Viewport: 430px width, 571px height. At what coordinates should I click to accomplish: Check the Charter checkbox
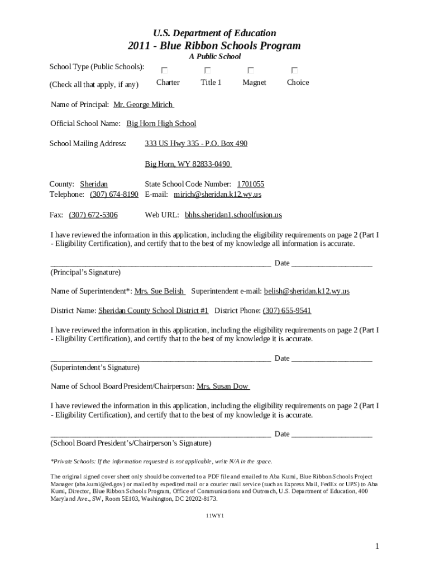click(x=164, y=71)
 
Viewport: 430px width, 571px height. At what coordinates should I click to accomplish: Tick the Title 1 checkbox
click(x=207, y=71)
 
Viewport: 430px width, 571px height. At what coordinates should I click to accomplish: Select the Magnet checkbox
click(x=251, y=71)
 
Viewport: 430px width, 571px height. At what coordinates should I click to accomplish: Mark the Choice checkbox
click(x=294, y=71)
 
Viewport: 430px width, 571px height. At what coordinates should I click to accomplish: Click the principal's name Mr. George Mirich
click(x=143, y=105)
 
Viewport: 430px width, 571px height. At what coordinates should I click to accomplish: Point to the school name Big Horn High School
click(x=161, y=123)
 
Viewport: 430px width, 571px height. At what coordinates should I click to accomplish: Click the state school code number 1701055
click(x=251, y=184)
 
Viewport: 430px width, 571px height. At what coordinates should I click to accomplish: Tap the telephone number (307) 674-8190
click(x=114, y=195)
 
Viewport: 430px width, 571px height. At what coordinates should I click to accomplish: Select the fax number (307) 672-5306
click(x=93, y=215)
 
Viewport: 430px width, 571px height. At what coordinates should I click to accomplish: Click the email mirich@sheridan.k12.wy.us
click(x=217, y=195)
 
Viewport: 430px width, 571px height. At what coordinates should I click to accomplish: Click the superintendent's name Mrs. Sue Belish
click(x=159, y=291)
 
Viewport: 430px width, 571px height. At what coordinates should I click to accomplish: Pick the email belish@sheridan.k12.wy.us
click(x=307, y=291)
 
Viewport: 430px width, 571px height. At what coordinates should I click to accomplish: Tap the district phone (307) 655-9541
click(x=287, y=311)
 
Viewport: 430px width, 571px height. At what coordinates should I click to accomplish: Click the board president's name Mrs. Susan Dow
click(x=222, y=386)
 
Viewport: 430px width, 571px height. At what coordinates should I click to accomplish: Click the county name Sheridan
click(x=94, y=184)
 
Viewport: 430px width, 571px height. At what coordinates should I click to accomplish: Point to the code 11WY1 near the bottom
click(x=215, y=516)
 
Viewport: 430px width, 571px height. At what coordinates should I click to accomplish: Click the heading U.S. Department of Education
click(x=214, y=33)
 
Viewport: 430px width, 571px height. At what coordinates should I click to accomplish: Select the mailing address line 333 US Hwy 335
click(x=196, y=143)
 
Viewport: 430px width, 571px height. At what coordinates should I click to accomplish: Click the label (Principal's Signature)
click(x=85, y=272)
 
